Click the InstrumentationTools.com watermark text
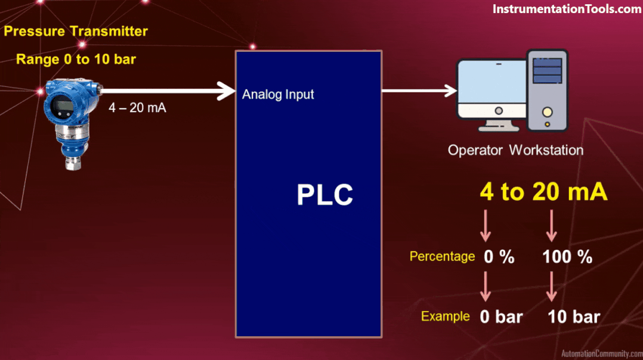point(566,10)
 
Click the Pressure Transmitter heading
point(76,31)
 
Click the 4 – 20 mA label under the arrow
point(137,108)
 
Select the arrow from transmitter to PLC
point(167,91)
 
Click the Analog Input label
point(278,94)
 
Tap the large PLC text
point(324,195)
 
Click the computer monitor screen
point(490,88)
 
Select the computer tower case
point(547,90)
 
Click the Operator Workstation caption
point(515,150)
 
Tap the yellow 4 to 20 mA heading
point(543,193)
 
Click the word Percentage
point(442,256)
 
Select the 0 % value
point(499,257)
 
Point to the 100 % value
point(567,257)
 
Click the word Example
point(446,316)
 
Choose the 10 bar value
point(574,316)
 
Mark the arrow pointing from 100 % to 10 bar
point(552,286)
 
